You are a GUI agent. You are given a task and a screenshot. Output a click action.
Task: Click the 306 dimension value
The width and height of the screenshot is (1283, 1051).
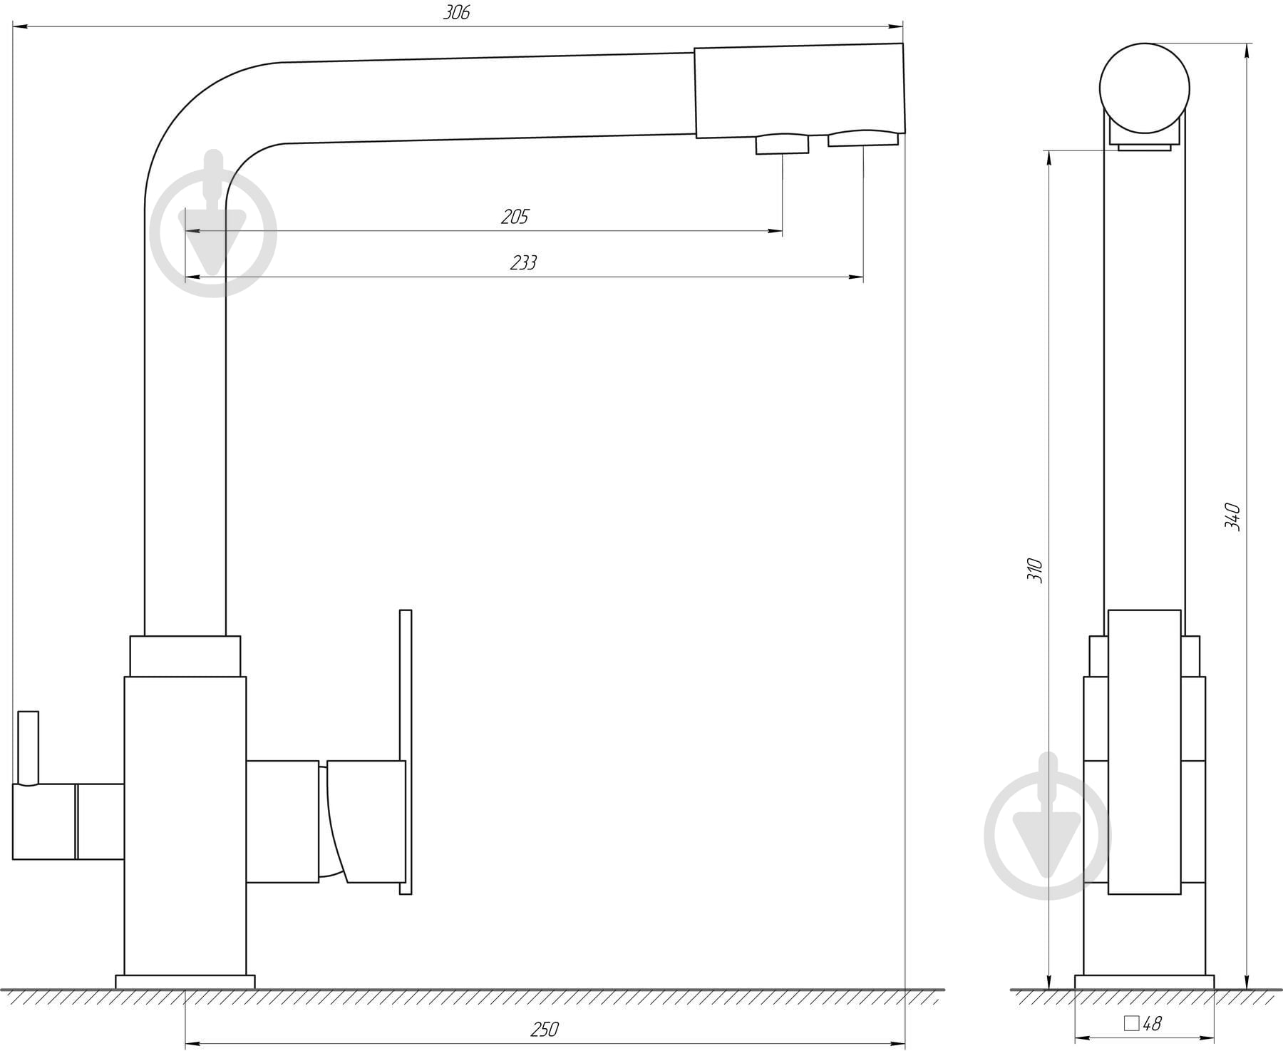[456, 13]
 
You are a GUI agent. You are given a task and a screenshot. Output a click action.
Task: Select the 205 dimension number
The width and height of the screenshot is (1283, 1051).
[515, 217]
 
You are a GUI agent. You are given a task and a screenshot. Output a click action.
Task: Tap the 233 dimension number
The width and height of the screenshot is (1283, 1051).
[523, 263]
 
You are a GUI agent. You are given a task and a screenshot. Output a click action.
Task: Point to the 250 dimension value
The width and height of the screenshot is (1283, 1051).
[545, 1030]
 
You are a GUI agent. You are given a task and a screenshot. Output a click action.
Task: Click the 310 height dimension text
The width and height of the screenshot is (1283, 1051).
[1035, 570]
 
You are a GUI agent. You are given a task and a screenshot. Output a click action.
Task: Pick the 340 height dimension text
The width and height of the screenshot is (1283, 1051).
[1232, 517]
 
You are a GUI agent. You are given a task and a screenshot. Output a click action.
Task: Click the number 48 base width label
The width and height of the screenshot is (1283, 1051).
[1152, 1024]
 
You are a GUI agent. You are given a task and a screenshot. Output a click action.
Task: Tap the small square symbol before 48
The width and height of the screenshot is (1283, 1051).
[1131, 1024]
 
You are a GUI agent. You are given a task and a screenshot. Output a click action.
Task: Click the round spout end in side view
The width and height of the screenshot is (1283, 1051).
[1145, 88]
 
